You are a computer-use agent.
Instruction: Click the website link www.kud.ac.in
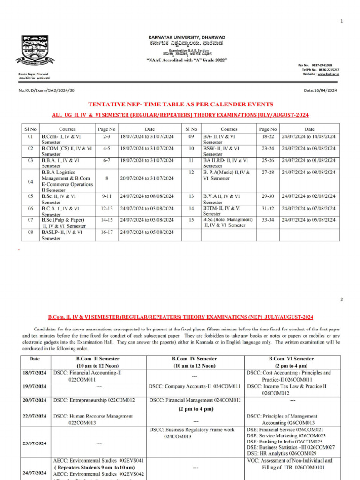(328, 74)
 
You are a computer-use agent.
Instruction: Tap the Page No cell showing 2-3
(107, 136)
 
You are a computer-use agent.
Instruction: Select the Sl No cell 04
(30, 181)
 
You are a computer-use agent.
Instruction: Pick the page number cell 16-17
(107, 232)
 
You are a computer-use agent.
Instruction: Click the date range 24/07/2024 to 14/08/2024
(309, 136)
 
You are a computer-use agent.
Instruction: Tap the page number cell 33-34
(268, 219)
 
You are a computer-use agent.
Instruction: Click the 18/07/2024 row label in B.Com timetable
(35, 373)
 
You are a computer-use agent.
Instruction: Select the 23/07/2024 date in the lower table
(35, 443)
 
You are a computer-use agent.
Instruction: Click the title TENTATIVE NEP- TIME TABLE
(180, 104)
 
